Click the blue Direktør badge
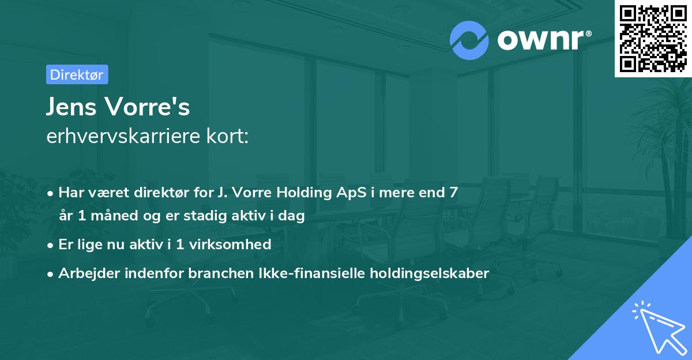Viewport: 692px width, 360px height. pyautogui.click(x=77, y=74)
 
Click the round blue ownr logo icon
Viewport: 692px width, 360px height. pyautogui.click(x=469, y=40)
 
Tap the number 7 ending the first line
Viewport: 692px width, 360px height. pyautogui.click(x=454, y=192)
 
